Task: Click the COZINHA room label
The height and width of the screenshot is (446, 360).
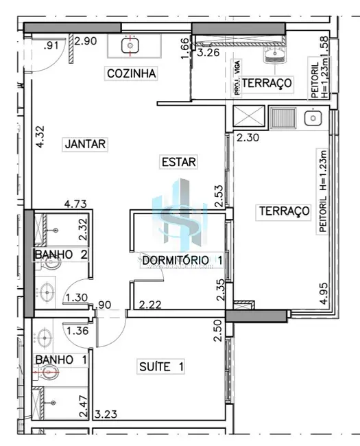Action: pyautogui.click(x=132, y=73)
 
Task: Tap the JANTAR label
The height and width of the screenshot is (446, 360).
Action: pyautogui.click(x=85, y=144)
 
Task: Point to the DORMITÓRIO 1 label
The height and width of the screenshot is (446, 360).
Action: pyautogui.click(x=182, y=261)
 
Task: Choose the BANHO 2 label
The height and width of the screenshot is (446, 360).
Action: pyautogui.click(x=60, y=255)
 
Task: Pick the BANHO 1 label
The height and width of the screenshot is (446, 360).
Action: pyautogui.click(x=60, y=359)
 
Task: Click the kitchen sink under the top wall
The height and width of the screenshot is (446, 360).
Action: pyautogui.click(x=130, y=45)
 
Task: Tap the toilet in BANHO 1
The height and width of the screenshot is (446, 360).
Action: pyautogui.click(x=49, y=373)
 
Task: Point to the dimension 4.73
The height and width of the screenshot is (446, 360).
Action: pyautogui.click(x=75, y=204)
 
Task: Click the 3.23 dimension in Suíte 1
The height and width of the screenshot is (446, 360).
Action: pyautogui.click(x=108, y=414)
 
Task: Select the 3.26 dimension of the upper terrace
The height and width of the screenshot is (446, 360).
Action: pyautogui.click(x=208, y=51)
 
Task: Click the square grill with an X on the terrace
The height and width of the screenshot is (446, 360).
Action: pyautogui.click(x=243, y=117)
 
